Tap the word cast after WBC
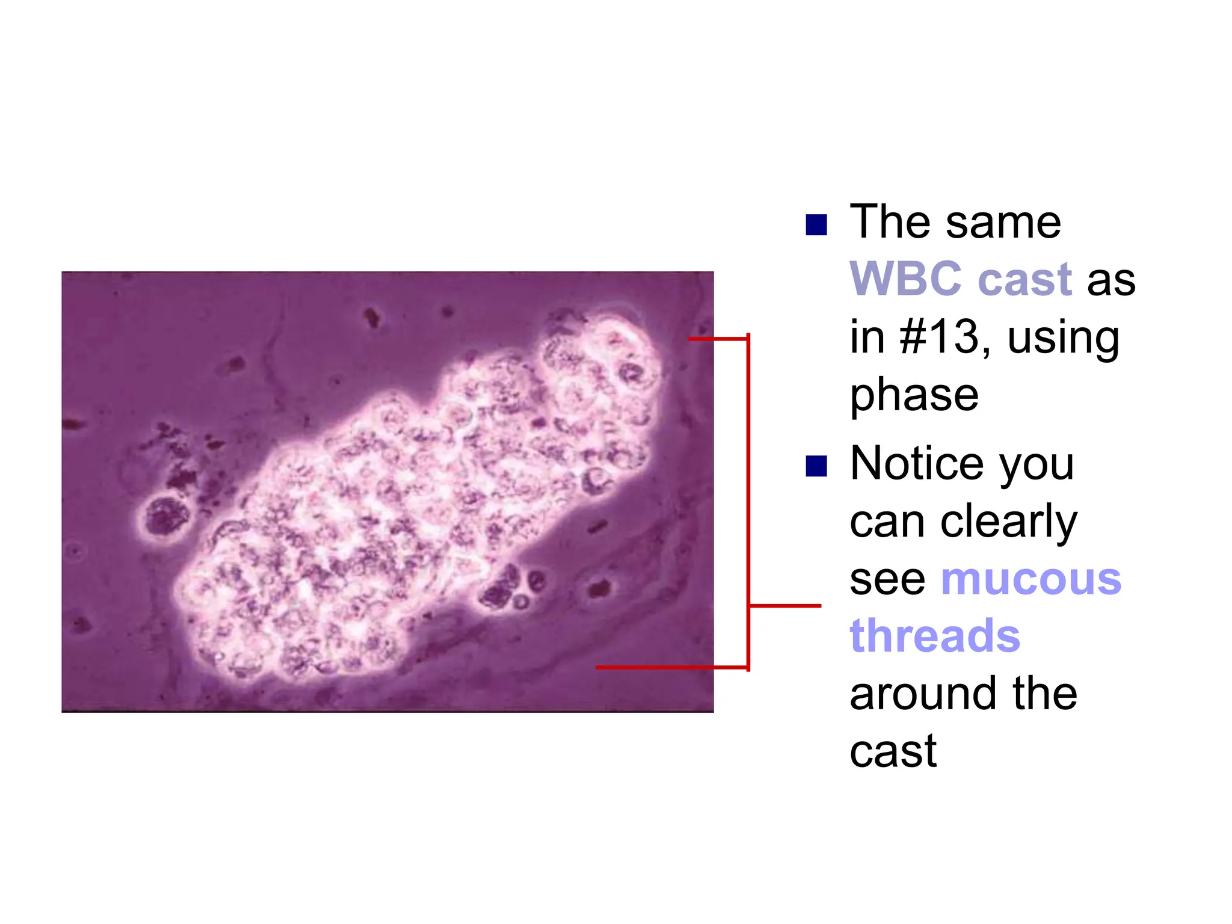[x=1025, y=279]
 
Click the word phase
[x=914, y=396]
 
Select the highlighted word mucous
[x=1031, y=579]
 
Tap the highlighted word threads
[x=935, y=636]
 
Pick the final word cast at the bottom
[x=893, y=751]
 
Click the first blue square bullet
[x=816, y=225]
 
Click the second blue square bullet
[x=816, y=466]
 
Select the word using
[x=1063, y=338]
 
